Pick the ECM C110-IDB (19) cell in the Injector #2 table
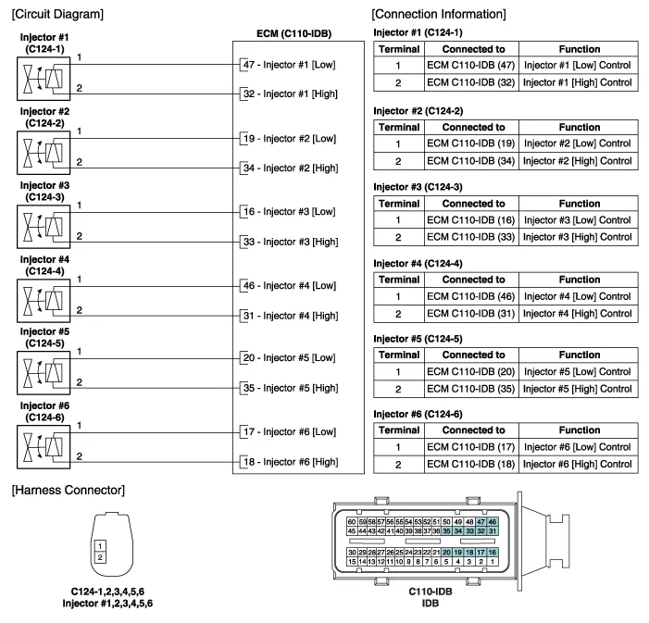pyautogui.click(x=471, y=144)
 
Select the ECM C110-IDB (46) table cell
pyautogui.click(x=471, y=296)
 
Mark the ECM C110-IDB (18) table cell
pyautogui.click(x=471, y=464)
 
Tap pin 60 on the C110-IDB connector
pyautogui.click(x=352, y=522)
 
